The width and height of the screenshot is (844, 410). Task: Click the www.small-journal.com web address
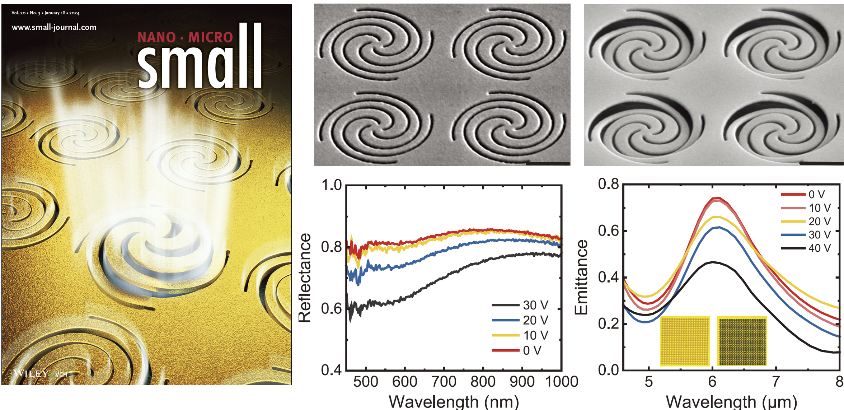(54, 27)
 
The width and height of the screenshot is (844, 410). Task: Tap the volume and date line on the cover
(45, 13)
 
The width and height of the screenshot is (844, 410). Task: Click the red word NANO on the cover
(157, 38)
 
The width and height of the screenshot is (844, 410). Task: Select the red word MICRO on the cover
(211, 38)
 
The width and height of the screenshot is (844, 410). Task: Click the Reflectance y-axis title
(305, 278)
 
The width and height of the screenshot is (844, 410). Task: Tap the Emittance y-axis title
(581, 277)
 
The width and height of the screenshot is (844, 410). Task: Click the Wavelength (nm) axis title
(454, 401)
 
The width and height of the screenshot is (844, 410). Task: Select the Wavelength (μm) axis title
(731, 401)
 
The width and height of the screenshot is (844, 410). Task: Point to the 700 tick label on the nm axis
(444, 382)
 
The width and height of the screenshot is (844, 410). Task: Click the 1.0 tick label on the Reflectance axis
(331, 185)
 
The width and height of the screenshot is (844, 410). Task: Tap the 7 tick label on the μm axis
(776, 382)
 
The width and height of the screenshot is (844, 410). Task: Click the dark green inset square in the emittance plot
(742, 341)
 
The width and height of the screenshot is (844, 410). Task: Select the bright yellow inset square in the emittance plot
(685, 341)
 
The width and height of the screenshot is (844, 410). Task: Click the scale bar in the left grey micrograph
(548, 163)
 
